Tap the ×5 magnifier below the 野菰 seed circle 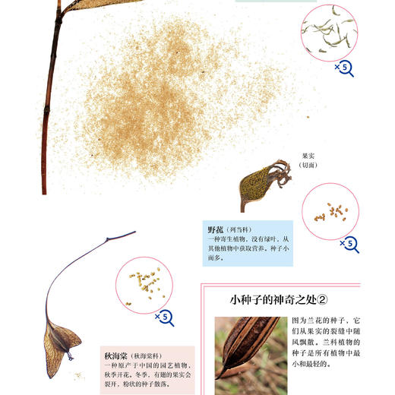(349, 244)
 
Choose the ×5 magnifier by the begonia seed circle (165, 318)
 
